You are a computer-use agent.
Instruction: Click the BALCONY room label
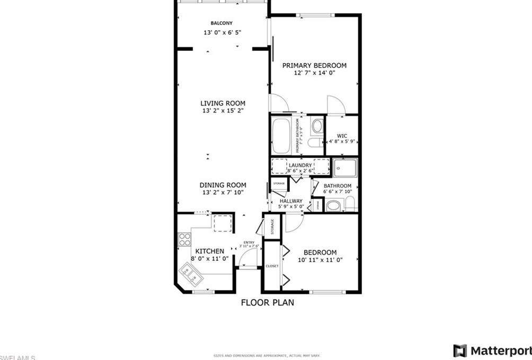[221, 23]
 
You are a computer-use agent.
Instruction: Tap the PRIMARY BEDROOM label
[314, 66]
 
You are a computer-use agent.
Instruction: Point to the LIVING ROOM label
[223, 103]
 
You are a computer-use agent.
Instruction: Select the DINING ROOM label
[223, 185]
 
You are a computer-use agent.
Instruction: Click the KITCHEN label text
[210, 251]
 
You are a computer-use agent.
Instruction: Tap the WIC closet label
[342, 136]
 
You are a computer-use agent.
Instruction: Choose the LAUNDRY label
[300, 165]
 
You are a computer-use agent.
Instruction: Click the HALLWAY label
[291, 201]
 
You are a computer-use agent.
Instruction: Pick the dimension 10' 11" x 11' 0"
[320, 260]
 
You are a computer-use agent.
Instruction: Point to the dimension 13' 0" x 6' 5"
[222, 33]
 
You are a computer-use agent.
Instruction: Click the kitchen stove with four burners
[184, 240]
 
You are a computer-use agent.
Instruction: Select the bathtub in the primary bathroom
[281, 135]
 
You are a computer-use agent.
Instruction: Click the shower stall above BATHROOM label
[345, 168]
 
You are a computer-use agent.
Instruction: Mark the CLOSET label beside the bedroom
[272, 266]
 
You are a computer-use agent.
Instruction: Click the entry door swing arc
[247, 258]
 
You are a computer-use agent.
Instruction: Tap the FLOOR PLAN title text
[267, 303]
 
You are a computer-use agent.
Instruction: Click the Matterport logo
[492, 350]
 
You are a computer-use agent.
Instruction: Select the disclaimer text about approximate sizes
[267, 356]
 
